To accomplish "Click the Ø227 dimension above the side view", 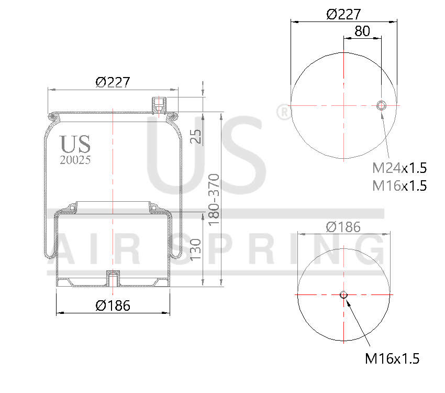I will coord(113,82).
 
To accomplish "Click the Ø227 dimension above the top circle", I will coord(343,14).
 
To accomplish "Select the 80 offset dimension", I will coord(362,31).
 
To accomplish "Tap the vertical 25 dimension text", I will coord(195,136).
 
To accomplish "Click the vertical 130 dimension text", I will coord(195,250).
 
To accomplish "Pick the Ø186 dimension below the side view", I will coord(113,305).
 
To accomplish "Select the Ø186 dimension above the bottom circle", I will coord(343,227).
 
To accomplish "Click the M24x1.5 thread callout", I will coord(399,168).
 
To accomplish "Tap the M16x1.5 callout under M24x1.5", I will coord(399,185).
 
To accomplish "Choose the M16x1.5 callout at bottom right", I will coord(392,358).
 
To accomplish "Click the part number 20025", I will coord(76,160).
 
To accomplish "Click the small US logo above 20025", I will coord(75,145).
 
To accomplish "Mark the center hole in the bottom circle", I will coord(343,294).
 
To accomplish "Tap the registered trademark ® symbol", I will coord(283,112).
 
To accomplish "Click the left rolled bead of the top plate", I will coord(52,115).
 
